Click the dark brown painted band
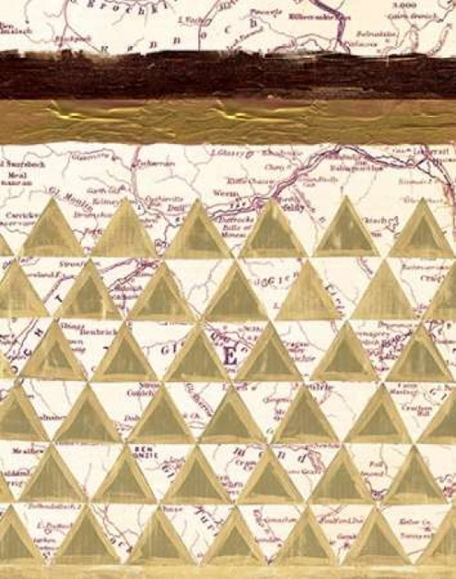coord(228,75)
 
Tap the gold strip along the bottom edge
coord(228,572)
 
